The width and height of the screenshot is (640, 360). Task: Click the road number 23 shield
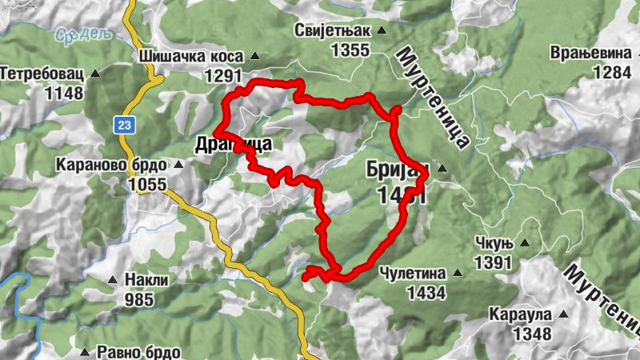point(123,125)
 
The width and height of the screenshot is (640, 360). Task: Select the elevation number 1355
point(350,50)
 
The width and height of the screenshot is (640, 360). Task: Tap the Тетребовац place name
point(42,73)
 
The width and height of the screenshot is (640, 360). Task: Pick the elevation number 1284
point(612,72)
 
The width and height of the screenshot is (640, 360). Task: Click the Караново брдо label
point(111,165)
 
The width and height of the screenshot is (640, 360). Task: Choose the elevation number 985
point(144,300)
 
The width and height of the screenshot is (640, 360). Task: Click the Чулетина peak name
point(414,273)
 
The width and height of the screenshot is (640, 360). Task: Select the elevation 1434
point(426,293)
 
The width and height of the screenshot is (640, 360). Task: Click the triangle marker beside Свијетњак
point(382,31)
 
